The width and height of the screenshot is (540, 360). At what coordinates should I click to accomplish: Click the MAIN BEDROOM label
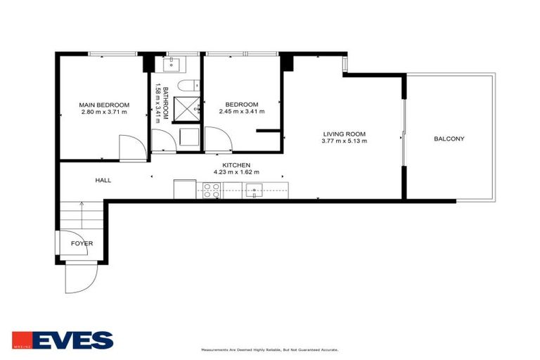pyautogui.click(x=105, y=105)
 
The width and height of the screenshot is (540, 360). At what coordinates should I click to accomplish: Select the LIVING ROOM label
pyautogui.click(x=344, y=134)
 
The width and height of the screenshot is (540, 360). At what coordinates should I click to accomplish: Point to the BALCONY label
pyautogui.click(x=449, y=139)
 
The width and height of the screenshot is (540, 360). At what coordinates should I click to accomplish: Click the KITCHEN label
pyautogui.click(x=236, y=165)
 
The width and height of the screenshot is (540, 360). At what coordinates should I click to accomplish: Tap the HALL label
pyautogui.click(x=103, y=181)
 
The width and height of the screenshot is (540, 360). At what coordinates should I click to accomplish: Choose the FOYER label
pyautogui.click(x=82, y=243)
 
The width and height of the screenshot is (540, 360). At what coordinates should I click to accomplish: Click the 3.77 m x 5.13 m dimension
pyautogui.click(x=344, y=141)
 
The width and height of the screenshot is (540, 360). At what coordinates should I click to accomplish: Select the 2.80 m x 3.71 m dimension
pyautogui.click(x=105, y=112)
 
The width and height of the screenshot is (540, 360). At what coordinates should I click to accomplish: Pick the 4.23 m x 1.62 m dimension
pyautogui.click(x=236, y=172)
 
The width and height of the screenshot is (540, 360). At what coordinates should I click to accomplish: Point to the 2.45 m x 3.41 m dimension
pyautogui.click(x=241, y=112)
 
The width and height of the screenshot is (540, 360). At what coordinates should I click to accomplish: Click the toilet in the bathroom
pyautogui.click(x=186, y=86)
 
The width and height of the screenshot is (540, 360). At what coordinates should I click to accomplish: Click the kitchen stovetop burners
pyautogui.click(x=212, y=190)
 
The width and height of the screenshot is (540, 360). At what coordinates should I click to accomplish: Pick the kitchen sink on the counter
pyautogui.click(x=254, y=189)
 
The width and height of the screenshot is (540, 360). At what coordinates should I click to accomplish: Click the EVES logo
pyautogui.click(x=63, y=340)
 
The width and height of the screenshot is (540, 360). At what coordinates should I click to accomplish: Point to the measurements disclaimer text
pyautogui.click(x=270, y=349)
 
